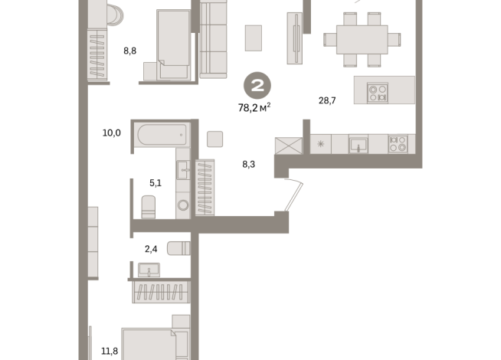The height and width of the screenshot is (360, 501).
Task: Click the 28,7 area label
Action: pos(327,100)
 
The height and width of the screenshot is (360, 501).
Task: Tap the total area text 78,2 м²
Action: pos(254,108)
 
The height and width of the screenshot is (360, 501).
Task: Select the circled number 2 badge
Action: pos(257,86)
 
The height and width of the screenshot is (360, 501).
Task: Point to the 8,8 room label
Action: pos(130,51)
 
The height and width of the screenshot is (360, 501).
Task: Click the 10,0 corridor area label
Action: pos(112,133)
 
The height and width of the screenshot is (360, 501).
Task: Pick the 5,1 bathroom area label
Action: pos(156,183)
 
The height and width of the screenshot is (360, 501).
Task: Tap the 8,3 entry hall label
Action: pos(248,165)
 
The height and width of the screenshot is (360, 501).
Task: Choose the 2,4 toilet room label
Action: pos(151,249)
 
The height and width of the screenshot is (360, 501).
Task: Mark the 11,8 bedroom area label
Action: pos(110,352)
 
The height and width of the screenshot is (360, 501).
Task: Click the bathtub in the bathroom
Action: pos(162,135)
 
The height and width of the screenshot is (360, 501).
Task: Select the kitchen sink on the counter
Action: pos(359,145)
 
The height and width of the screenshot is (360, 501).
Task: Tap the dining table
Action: pos(362,40)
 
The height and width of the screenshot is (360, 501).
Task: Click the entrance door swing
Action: pos(293,195)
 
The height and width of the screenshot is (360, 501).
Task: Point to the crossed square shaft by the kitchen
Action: pos(289,146)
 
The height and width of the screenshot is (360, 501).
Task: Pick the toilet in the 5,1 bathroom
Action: pos(149,207)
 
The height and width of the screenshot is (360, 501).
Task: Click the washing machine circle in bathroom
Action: pos(183,205)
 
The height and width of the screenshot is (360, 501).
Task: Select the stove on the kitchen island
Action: pos(378,93)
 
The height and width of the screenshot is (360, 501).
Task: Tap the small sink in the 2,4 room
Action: pos(149,270)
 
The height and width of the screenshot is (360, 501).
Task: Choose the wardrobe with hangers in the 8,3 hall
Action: pos(205,188)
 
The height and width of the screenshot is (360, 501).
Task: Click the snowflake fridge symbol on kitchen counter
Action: pos(320,144)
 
